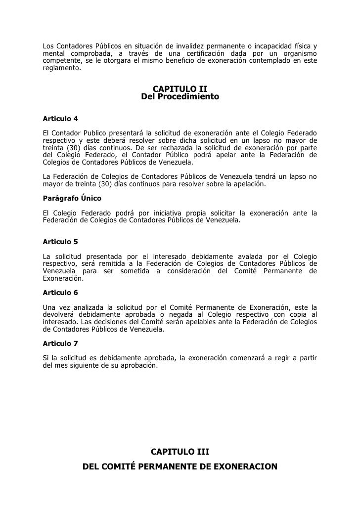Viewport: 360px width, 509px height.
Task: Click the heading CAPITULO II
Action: point(180,89)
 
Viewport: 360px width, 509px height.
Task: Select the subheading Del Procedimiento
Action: point(180,97)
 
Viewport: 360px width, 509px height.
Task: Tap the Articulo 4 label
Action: point(60,120)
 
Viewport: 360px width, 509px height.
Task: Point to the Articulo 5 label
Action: point(60,242)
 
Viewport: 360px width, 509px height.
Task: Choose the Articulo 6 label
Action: point(60,293)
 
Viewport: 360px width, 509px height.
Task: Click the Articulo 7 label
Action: point(60,343)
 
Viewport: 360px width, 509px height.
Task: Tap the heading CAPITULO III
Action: point(180,452)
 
